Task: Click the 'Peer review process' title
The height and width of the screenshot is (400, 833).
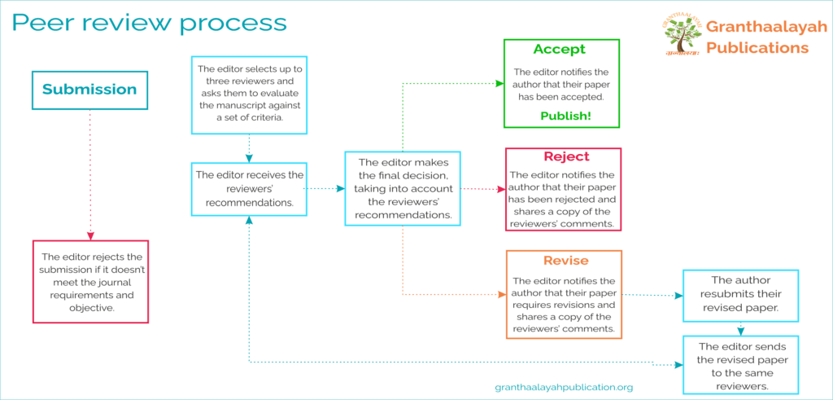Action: pyautogui.click(x=149, y=22)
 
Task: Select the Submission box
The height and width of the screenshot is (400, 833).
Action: pyautogui.click(x=89, y=90)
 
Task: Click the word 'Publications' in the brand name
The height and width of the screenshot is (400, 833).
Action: pyautogui.click(x=757, y=48)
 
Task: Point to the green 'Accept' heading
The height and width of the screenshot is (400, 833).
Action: pyautogui.click(x=561, y=50)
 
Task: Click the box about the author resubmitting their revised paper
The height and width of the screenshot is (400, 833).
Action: pyautogui.click(x=740, y=294)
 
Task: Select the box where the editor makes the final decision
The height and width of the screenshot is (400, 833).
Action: pyautogui.click(x=403, y=189)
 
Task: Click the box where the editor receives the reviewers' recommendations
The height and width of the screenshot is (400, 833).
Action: pyautogui.click(x=249, y=189)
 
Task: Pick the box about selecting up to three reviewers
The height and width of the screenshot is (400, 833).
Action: pyautogui.click(x=249, y=94)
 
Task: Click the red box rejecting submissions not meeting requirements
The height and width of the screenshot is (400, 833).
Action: pyautogui.click(x=89, y=282)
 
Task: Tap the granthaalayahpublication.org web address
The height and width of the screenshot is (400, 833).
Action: pyautogui.click(x=564, y=388)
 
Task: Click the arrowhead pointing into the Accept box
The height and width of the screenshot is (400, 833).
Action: pyautogui.click(x=499, y=83)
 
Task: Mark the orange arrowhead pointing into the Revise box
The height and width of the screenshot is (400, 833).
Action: pyautogui.click(x=501, y=294)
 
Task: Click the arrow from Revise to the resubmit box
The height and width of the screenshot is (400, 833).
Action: pyautogui.click(x=652, y=294)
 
